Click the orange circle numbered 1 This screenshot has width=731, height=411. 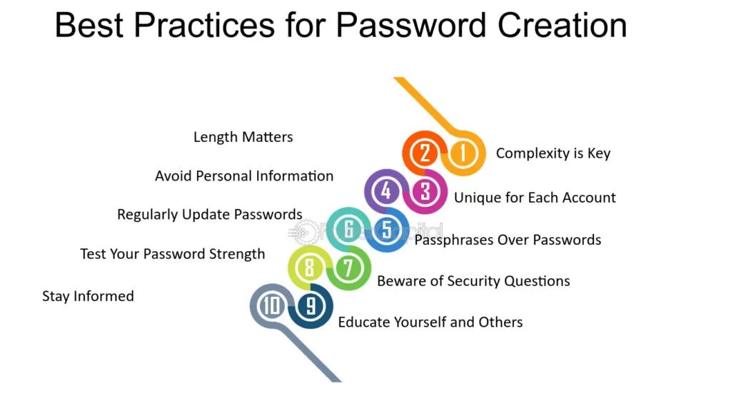click(463, 153)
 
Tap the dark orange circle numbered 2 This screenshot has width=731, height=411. click(425, 153)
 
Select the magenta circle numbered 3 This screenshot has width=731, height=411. click(425, 191)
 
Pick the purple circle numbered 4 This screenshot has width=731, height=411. click(386, 191)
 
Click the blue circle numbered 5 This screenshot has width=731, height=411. click(387, 230)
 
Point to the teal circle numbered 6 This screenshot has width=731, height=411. click(348, 230)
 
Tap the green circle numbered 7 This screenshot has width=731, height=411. click(348, 268)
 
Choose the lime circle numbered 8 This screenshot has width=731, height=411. click(310, 268)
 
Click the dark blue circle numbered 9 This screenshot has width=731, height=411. click(311, 306)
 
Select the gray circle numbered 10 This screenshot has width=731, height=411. click(272, 306)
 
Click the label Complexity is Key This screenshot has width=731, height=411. click(553, 153)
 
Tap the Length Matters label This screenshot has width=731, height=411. click(243, 137)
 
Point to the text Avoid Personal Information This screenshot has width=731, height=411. click(244, 176)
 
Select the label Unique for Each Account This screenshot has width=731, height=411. click(535, 198)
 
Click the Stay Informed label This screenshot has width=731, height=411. click(88, 296)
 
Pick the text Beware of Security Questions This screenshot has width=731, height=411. click(473, 281)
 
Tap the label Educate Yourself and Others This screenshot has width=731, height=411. click(430, 323)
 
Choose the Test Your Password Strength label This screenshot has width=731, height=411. click(172, 254)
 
